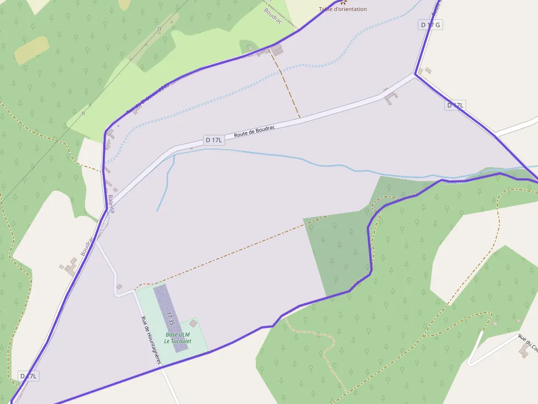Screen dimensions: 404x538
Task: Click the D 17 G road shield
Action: click(430, 25)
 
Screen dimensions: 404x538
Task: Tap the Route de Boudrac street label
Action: click(254, 131)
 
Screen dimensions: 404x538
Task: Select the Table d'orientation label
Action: click(343, 9)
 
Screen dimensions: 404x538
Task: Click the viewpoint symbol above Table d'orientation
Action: click(344, 2)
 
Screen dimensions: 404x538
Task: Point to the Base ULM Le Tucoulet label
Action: click(177, 338)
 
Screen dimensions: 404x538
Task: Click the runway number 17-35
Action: click(170, 318)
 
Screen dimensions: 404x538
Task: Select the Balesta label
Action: click(111, 204)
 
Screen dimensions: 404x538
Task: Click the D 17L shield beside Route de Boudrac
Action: click(214, 140)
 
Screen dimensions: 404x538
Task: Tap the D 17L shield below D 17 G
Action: click(456, 105)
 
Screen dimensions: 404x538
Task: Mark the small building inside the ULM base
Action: click(193, 324)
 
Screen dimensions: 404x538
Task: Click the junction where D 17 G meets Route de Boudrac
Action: click(415, 76)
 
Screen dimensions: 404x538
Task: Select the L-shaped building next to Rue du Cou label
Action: click(524, 350)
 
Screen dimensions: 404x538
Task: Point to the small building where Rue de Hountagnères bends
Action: click(119, 286)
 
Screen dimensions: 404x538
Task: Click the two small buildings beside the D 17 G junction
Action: click(424, 71)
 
